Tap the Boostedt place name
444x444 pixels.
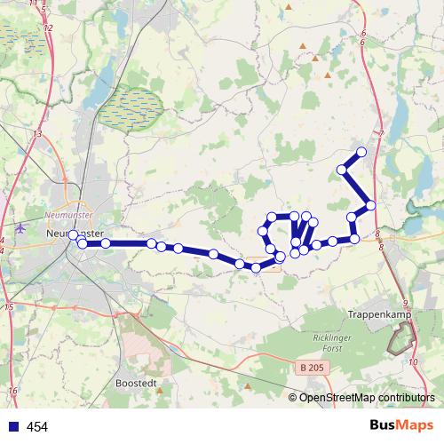point(137,385)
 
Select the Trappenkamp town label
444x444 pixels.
point(377,313)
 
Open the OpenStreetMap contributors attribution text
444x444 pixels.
point(366,398)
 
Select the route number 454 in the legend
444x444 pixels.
point(37,427)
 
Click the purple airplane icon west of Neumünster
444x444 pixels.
point(19,227)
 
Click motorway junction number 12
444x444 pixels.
point(48,28)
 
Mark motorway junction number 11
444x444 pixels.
point(36,4)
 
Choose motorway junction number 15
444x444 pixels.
point(9,306)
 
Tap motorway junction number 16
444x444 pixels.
point(12,391)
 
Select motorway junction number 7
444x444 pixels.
point(380,133)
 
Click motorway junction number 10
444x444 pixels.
point(414,362)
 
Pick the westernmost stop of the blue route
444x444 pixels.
point(74,235)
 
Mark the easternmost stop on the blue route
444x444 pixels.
point(370,205)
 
